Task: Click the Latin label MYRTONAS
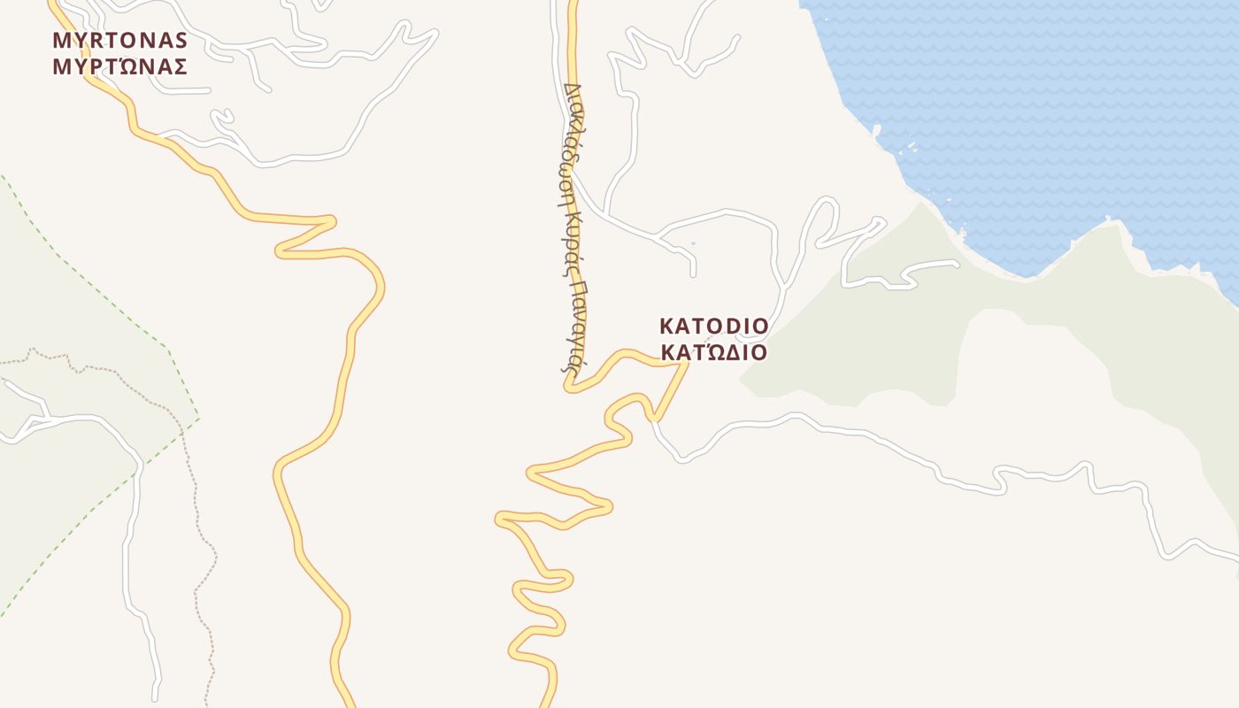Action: pyautogui.click(x=119, y=40)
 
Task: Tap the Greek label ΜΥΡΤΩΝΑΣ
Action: pyautogui.click(x=119, y=66)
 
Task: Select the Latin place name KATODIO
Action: pyautogui.click(x=714, y=327)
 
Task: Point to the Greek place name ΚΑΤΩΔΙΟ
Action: pyautogui.click(x=714, y=352)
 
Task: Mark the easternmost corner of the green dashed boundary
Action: pyautogui.click(x=199, y=418)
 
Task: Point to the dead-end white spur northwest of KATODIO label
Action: pyautogui.click(x=694, y=274)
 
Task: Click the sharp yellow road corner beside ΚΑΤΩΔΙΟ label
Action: pyautogui.click(x=686, y=362)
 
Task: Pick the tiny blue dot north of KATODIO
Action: pyautogui.click(x=692, y=243)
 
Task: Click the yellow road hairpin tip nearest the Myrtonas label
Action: pyautogui.click(x=333, y=220)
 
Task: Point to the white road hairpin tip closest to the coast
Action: pyautogui.click(x=881, y=219)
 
